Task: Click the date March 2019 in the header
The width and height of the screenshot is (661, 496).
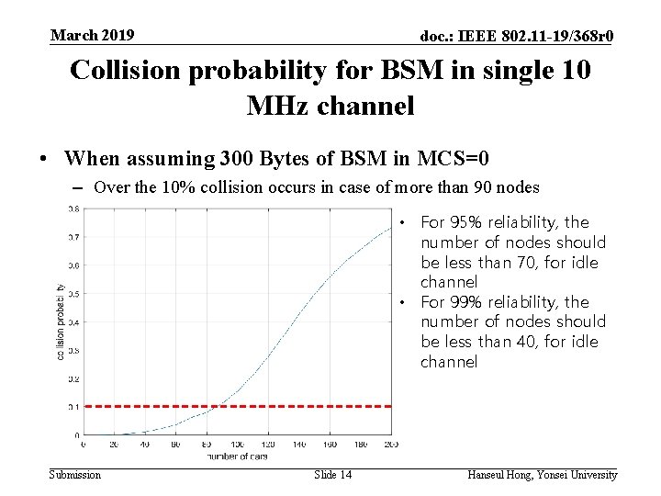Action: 92,35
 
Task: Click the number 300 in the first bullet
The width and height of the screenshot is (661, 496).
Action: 238,159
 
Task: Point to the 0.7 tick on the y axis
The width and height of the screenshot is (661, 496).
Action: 73,237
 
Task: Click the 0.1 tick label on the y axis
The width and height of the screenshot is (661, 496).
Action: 73,406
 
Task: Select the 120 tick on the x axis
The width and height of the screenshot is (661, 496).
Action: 268,445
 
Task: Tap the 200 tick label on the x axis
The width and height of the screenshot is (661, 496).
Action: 391,445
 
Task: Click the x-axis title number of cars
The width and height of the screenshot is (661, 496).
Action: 237,456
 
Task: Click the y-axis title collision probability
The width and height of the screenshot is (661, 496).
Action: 61,321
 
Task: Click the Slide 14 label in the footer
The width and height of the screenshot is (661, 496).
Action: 332,475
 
